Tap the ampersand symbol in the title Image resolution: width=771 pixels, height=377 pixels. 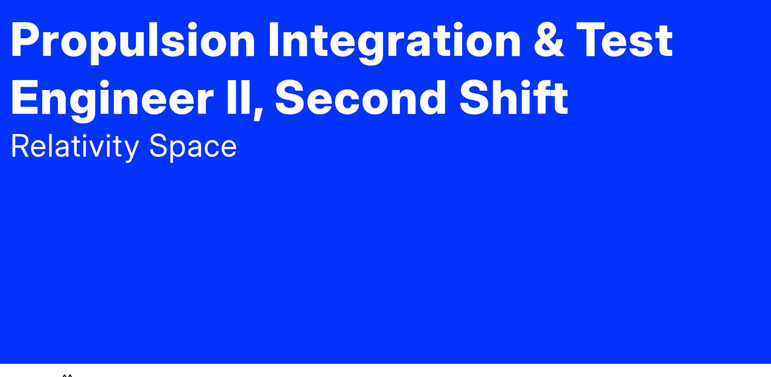(549, 40)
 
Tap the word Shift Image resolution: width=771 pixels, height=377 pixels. (514, 98)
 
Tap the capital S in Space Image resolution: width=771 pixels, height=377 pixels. (159, 146)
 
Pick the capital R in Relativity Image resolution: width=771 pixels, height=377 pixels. (21, 146)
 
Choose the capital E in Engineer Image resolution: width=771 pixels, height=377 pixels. (26, 98)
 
